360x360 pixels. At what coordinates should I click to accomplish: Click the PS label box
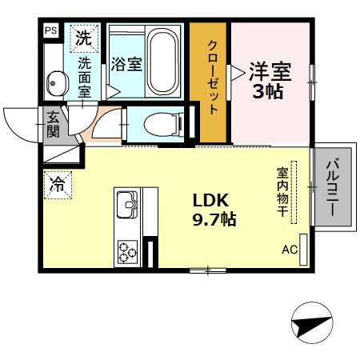click(x=51, y=31)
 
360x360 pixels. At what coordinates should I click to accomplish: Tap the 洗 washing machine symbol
click(x=84, y=36)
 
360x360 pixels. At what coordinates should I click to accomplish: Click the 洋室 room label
click(x=269, y=70)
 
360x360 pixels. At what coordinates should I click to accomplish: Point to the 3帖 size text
click(x=269, y=90)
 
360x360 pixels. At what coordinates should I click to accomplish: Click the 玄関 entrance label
click(x=53, y=125)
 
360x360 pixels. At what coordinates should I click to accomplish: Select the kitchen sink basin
click(x=128, y=205)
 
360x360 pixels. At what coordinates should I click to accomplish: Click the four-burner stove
click(x=128, y=253)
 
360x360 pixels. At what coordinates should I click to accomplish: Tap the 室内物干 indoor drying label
click(x=282, y=192)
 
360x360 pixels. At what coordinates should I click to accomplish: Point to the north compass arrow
click(x=311, y=326)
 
